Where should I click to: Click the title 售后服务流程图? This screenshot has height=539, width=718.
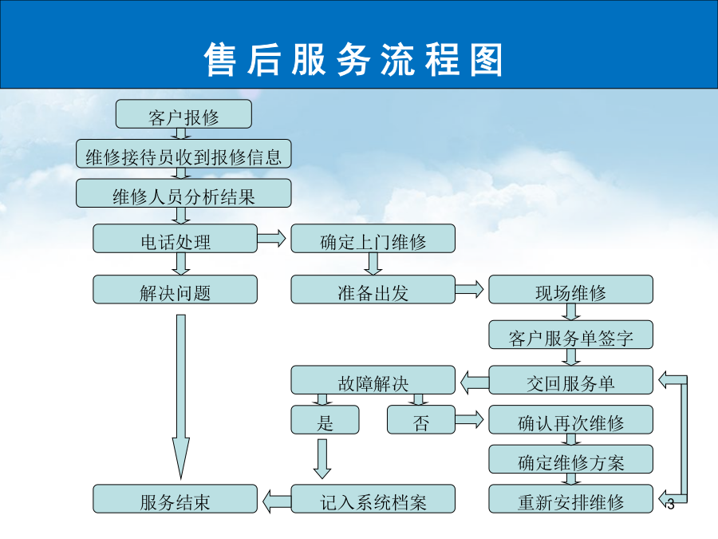tap(353, 60)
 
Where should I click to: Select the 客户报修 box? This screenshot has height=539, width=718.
tap(183, 114)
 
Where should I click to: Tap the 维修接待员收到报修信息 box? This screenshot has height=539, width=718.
tap(183, 153)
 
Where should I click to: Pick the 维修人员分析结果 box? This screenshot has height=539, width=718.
tap(183, 193)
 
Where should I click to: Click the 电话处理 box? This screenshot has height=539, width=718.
tap(175, 238)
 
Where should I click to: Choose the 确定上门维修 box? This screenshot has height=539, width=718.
tap(373, 238)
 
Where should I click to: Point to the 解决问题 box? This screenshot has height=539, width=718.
tap(175, 289)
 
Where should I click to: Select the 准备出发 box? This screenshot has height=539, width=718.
tap(373, 289)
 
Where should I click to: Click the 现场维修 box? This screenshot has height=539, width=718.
tap(571, 289)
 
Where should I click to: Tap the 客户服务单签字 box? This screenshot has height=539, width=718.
tap(571, 335)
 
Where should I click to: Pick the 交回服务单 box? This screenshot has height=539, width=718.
tap(571, 380)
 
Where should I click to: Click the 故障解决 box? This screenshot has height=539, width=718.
tap(373, 380)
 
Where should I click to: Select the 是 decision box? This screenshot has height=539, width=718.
tap(325, 419)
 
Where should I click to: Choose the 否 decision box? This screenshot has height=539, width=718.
tap(421, 419)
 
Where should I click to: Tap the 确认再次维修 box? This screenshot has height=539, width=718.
tap(571, 419)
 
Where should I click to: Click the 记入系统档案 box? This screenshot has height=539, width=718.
tap(373, 498)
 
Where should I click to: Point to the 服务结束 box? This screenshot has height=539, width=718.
tap(175, 498)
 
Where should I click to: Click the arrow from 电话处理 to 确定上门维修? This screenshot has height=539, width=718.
tap(271, 238)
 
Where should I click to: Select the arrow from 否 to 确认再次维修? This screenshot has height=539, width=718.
tap(469, 419)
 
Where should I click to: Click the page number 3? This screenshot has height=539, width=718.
tap(671, 504)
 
